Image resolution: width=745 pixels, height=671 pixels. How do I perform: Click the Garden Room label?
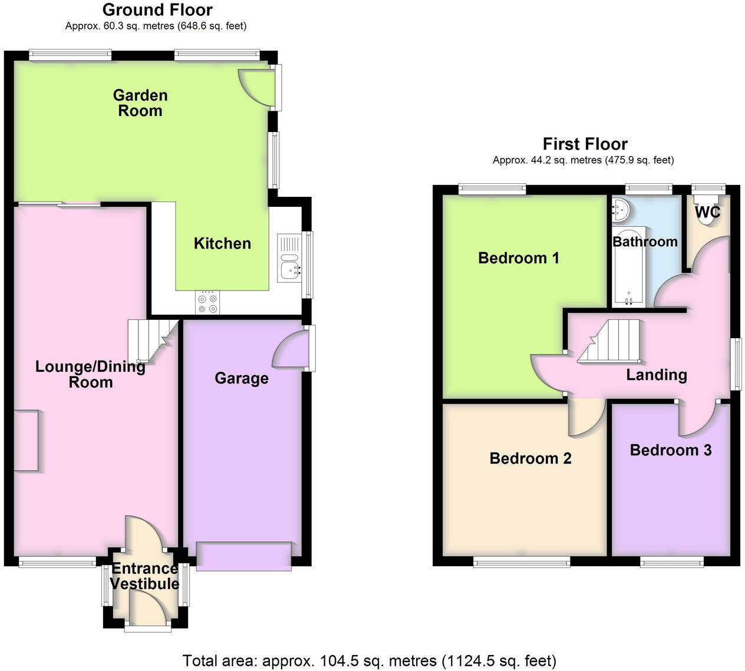pos(140,103)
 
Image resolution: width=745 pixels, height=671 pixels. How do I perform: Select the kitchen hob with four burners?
pos(207,302)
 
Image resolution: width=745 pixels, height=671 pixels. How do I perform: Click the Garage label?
pos(242,378)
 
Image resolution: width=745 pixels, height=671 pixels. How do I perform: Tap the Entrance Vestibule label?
pos(144,576)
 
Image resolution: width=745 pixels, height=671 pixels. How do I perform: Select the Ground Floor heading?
pos(157,10)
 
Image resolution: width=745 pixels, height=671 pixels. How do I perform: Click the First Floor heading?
pos(585,144)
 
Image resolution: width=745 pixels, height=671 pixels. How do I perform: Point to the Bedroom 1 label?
pos(519,258)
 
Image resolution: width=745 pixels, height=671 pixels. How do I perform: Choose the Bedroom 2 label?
pos(530,458)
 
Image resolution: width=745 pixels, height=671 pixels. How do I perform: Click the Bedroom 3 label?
pos(671,451)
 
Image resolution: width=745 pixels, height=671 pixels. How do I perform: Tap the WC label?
pos(707,212)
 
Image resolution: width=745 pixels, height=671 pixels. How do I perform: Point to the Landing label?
pos(657,375)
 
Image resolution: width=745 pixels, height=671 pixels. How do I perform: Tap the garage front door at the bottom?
pos(243,556)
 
